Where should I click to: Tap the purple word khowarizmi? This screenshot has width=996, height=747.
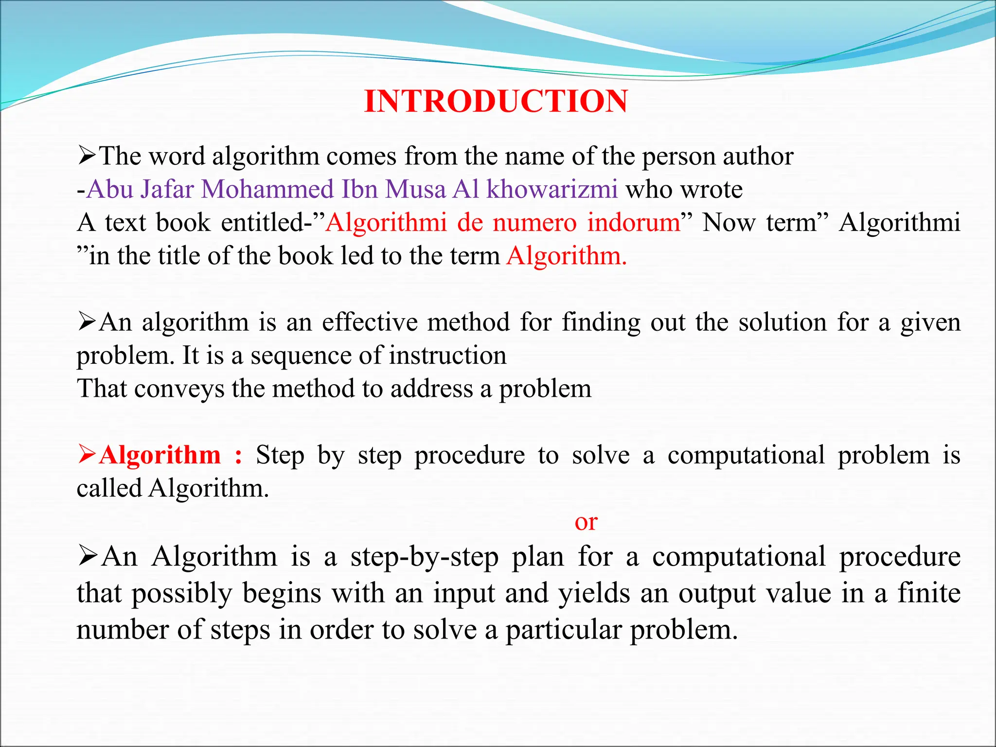(x=552, y=189)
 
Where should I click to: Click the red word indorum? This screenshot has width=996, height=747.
(x=634, y=223)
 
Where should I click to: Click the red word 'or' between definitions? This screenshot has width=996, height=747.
(x=586, y=522)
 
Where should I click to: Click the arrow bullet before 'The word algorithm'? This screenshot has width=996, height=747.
(x=87, y=156)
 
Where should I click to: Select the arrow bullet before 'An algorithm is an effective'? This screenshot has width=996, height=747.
(x=87, y=322)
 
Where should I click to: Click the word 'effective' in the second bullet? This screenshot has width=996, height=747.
(x=370, y=322)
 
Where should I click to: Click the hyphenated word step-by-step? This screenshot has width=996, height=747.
(x=424, y=557)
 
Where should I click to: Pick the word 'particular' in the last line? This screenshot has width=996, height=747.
(x=564, y=630)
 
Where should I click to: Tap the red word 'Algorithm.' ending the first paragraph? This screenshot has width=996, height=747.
(x=567, y=256)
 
